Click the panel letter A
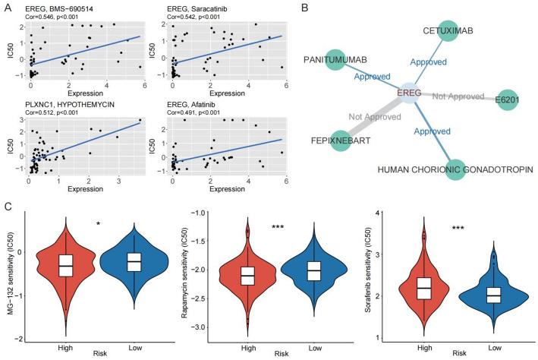pyautogui.click(x=6, y=7)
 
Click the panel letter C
pyautogui.click(x=6, y=203)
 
